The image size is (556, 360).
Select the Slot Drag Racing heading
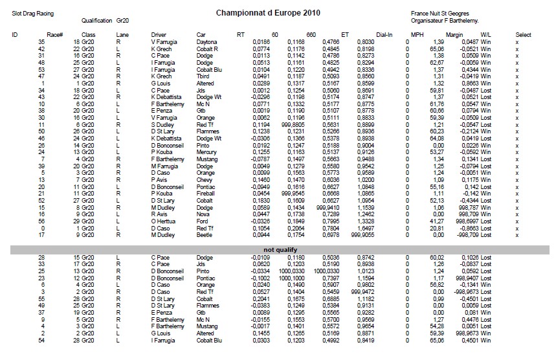click(x=34, y=13)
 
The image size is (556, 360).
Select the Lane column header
click(x=122, y=34)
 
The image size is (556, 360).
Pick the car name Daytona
click(x=208, y=41)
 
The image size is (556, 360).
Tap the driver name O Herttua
click(x=163, y=221)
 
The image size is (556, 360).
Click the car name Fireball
click(x=207, y=194)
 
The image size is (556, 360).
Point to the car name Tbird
click(x=204, y=76)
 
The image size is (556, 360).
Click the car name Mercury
click(x=207, y=153)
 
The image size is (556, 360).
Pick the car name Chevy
click(x=205, y=180)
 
